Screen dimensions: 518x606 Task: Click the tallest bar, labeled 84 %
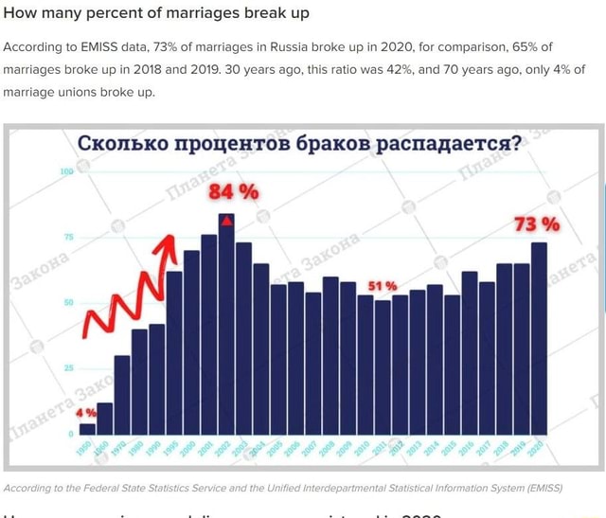[225, 322]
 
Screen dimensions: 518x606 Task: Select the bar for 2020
[539, 337]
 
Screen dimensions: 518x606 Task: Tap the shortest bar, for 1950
[87, 428]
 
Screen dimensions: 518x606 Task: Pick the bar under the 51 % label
[383, 366]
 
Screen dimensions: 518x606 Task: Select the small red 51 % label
[382, 286]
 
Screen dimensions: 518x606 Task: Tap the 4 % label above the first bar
[85, 413]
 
